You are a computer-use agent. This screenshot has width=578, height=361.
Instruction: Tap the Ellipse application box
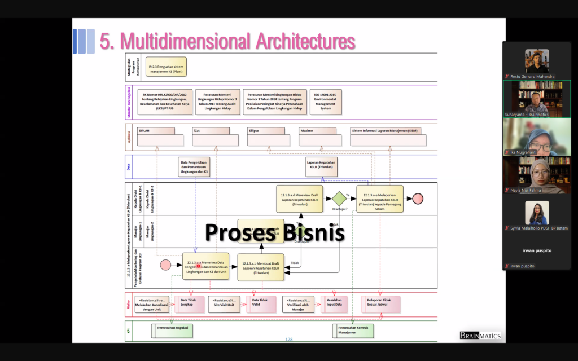pos(270,137)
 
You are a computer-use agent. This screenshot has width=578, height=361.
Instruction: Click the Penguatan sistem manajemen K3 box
pos(166,67)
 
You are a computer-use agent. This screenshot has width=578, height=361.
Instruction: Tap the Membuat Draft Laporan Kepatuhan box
pos(261,267)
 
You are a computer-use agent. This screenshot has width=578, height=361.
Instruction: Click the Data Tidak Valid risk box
pos(260,304)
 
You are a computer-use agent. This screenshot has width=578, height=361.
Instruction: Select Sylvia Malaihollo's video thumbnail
pos(536,213)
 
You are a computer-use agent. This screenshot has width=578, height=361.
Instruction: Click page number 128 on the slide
pos(289,340)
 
